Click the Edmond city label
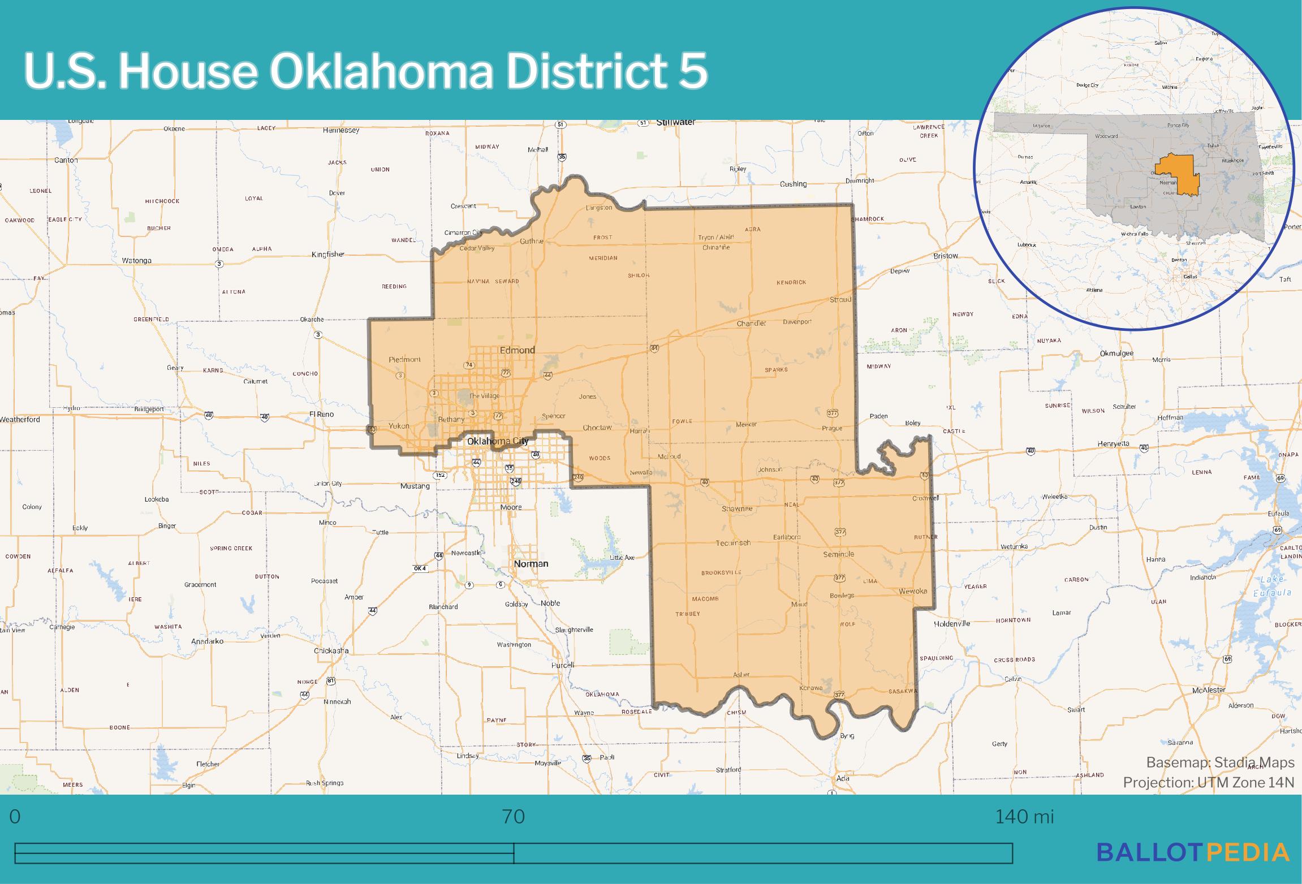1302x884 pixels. tap(517, 350)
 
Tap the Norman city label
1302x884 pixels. tap(531, 563)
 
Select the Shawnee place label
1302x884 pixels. tap(737, 508)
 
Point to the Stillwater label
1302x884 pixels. tap(676, 122)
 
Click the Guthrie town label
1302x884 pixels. tap(531, 242)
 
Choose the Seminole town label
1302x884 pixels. tap(838, 554)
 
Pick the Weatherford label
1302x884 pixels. tap(20, 420)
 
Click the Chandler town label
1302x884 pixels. tap(751, 324)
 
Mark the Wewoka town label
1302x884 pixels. tap(913, 591)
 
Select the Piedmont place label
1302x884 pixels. tap(405, 360)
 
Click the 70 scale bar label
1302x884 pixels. tap(513, 817)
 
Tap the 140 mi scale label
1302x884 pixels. tap(1024, 817)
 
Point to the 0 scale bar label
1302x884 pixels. tap(15, 817)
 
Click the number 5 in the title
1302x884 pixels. tap(692, 72)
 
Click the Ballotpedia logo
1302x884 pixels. tap(1193, 852)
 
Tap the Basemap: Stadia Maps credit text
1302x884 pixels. tap(1220, 762)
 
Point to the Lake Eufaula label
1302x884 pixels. tap(1274, 586)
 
